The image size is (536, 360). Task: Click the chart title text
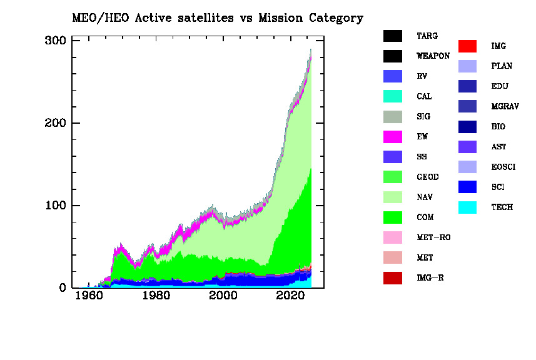216,18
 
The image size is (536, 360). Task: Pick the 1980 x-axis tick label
156,296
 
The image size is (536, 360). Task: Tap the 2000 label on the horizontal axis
223,296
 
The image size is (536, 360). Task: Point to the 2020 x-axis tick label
291,296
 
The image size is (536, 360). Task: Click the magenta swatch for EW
392,137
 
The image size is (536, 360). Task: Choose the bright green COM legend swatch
392,217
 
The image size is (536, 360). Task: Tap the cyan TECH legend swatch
467,207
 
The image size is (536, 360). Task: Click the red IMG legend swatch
467,46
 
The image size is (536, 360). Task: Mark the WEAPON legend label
433,56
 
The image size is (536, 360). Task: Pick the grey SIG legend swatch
392,117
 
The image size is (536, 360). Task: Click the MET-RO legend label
433,237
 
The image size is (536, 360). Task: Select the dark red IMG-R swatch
392,278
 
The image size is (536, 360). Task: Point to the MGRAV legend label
505,107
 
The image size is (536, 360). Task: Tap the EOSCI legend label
505,167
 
